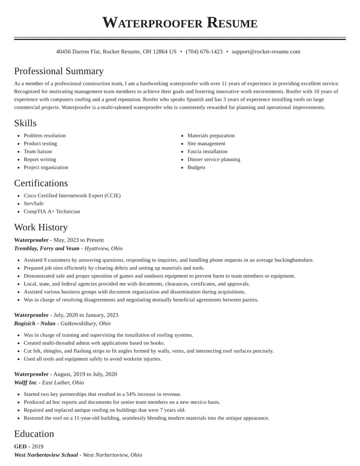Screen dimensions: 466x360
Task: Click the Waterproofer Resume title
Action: pyautogui.click(x=180, y=23)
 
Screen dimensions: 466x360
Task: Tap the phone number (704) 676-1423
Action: pyautogui.click(x=204, y=52)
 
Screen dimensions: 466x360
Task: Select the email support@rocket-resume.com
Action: pyautogui.click(x=265, y=52)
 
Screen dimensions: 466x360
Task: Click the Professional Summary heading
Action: pyautogui.click(x=58, y=71)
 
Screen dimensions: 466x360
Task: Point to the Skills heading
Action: pyautogui.click(x=25, y=123)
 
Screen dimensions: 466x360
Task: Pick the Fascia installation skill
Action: pyautogui.click(x=207, y=152)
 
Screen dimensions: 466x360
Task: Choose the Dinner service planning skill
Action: pyautogui.click(x=213, y=159)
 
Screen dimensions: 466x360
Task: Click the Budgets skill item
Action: pyautogui.click(x=196, y=167)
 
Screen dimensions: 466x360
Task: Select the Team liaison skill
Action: pyautogui.click(x=38, y=152)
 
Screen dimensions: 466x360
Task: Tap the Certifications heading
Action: pyautogui.click(x=41, y=183)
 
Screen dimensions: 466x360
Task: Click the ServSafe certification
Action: pyautogui.click(x=34, y=204)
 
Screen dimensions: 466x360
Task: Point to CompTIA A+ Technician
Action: pyautogui.click(x=52, y=212)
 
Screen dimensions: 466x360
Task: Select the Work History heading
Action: pyautogui.click(x=41, y=227)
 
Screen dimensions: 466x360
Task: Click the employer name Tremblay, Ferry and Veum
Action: pyautogui.click(x=47, y=249)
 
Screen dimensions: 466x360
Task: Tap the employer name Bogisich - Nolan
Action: pyautogui.click(x=35, y=323)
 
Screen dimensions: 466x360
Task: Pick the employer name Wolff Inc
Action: pyautogui.click(x=26, y=383)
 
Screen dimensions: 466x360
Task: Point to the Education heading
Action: pyautogui.click(x=34, y=434)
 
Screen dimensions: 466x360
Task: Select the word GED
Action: pyautogui.click(x=20, y=447)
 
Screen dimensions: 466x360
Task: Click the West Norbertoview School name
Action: pyautogui.click(x=46, y=455)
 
